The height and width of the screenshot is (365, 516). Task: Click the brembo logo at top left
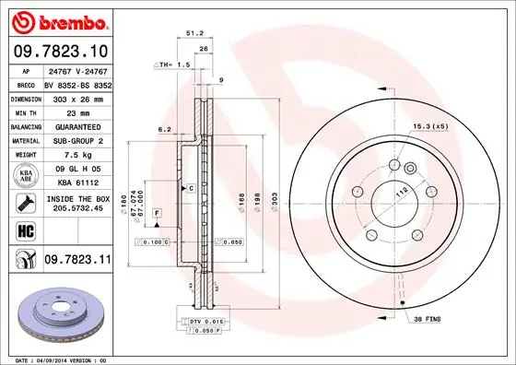[x=59, y=20]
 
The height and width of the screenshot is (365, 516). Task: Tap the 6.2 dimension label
[x=162, y=129]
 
